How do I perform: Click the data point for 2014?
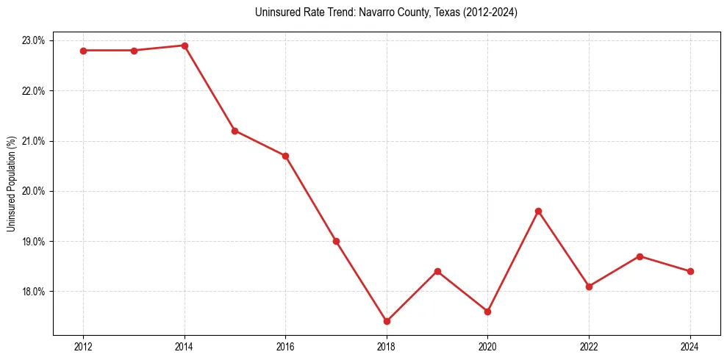185,46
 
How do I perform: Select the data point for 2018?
387,321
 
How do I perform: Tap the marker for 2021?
538,211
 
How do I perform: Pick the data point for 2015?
234,131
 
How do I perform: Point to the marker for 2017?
336,241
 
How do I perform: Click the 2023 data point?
640,256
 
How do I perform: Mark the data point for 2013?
134,51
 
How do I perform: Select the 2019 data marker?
437,271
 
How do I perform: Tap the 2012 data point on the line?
83,51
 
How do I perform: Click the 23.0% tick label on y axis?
35,40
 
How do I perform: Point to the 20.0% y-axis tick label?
35,191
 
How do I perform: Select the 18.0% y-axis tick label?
35,292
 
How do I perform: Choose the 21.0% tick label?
35,141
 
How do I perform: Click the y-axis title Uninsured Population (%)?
12,184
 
